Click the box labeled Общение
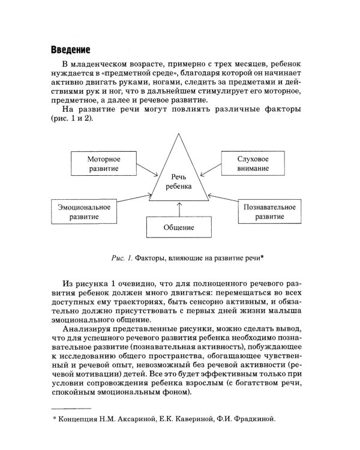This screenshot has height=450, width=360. tap(179, 228)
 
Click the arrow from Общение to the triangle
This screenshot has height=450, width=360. tap(179, 209)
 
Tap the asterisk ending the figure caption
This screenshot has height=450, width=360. tap(262, 257)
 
